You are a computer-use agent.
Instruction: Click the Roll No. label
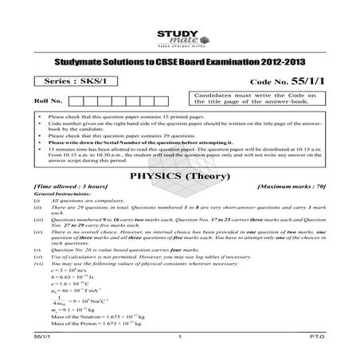[49, 101]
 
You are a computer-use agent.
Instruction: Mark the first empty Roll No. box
[77, 101]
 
